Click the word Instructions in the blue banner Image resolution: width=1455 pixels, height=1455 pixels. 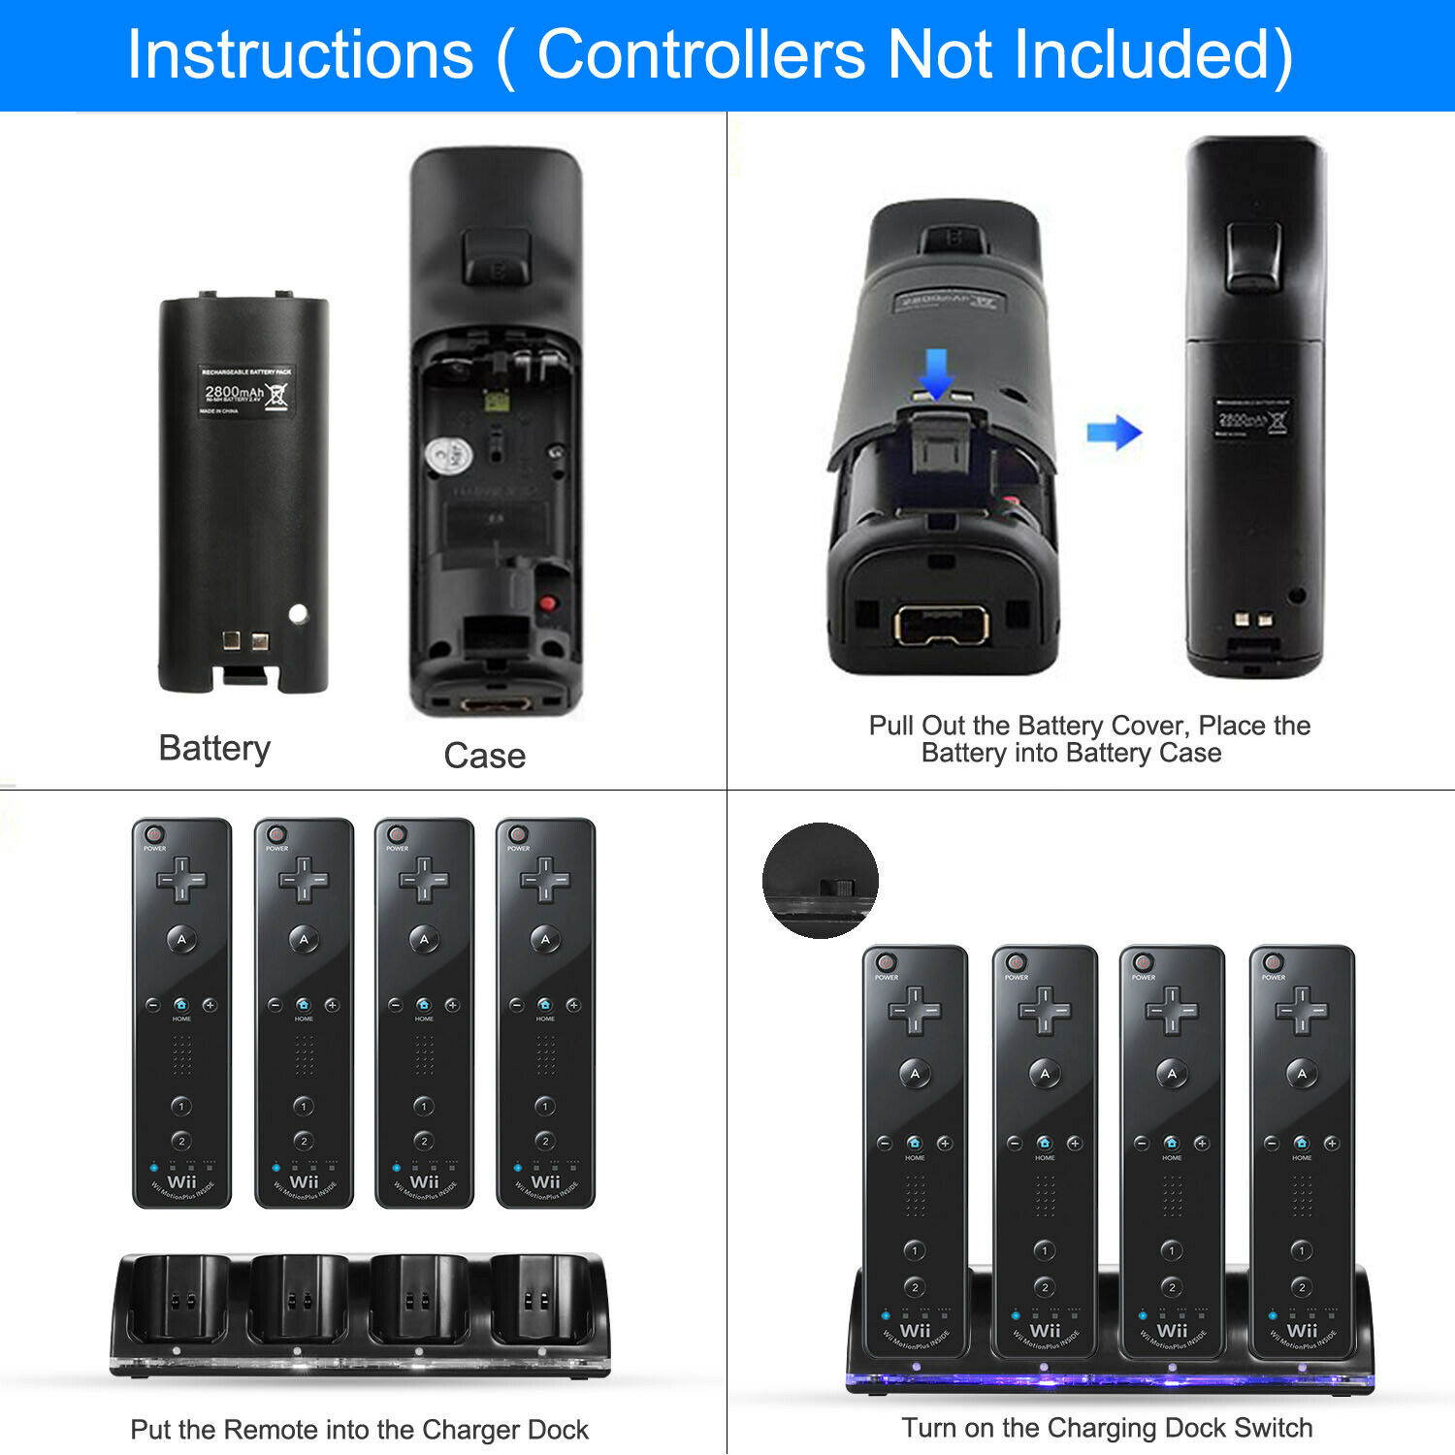point(300,54)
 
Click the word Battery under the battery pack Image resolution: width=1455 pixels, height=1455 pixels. point(214,748)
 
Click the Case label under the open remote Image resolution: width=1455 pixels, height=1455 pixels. point(484,756)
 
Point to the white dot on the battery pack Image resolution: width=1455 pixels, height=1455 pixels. point(298,613)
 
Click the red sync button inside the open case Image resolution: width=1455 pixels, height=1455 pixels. point(548,603)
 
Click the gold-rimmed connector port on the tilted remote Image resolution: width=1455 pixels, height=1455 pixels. point(941,626)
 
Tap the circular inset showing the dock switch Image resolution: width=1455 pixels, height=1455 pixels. point(821,881)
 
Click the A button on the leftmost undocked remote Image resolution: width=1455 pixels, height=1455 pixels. point(181,939)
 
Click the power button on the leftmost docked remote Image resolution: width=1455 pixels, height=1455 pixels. point(885,962)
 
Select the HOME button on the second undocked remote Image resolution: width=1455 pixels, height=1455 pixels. point(303,1005)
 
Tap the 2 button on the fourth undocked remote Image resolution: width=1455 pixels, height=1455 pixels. point(545,1141)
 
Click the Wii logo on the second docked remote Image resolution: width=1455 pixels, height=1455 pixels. point(1045,1330)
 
